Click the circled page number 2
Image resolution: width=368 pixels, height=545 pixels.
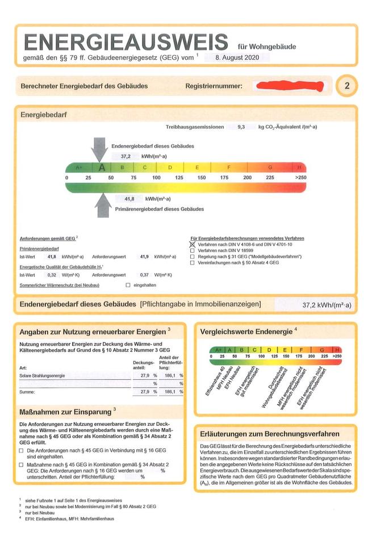pos(347,86)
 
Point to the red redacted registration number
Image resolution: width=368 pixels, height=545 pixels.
pos(290,86)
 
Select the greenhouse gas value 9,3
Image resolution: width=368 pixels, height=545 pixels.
pos(241,128)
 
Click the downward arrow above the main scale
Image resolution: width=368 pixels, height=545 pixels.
pos(101,149)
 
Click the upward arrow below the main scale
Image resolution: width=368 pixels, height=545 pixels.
pos(103,204)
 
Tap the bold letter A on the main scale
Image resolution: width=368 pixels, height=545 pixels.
pos(102,167)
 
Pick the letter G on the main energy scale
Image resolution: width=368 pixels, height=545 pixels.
pos(270,167)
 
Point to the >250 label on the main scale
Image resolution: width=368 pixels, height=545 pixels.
pos(300,178)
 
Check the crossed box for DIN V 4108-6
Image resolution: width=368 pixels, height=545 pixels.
pos(192,244)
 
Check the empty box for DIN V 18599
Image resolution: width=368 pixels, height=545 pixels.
pos(192,250)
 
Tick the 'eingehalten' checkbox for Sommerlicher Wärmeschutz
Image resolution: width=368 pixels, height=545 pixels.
pos(128,285)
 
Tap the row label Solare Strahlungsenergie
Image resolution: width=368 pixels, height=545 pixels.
pos(42,376)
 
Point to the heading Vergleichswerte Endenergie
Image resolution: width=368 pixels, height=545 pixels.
pos(245,330)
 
